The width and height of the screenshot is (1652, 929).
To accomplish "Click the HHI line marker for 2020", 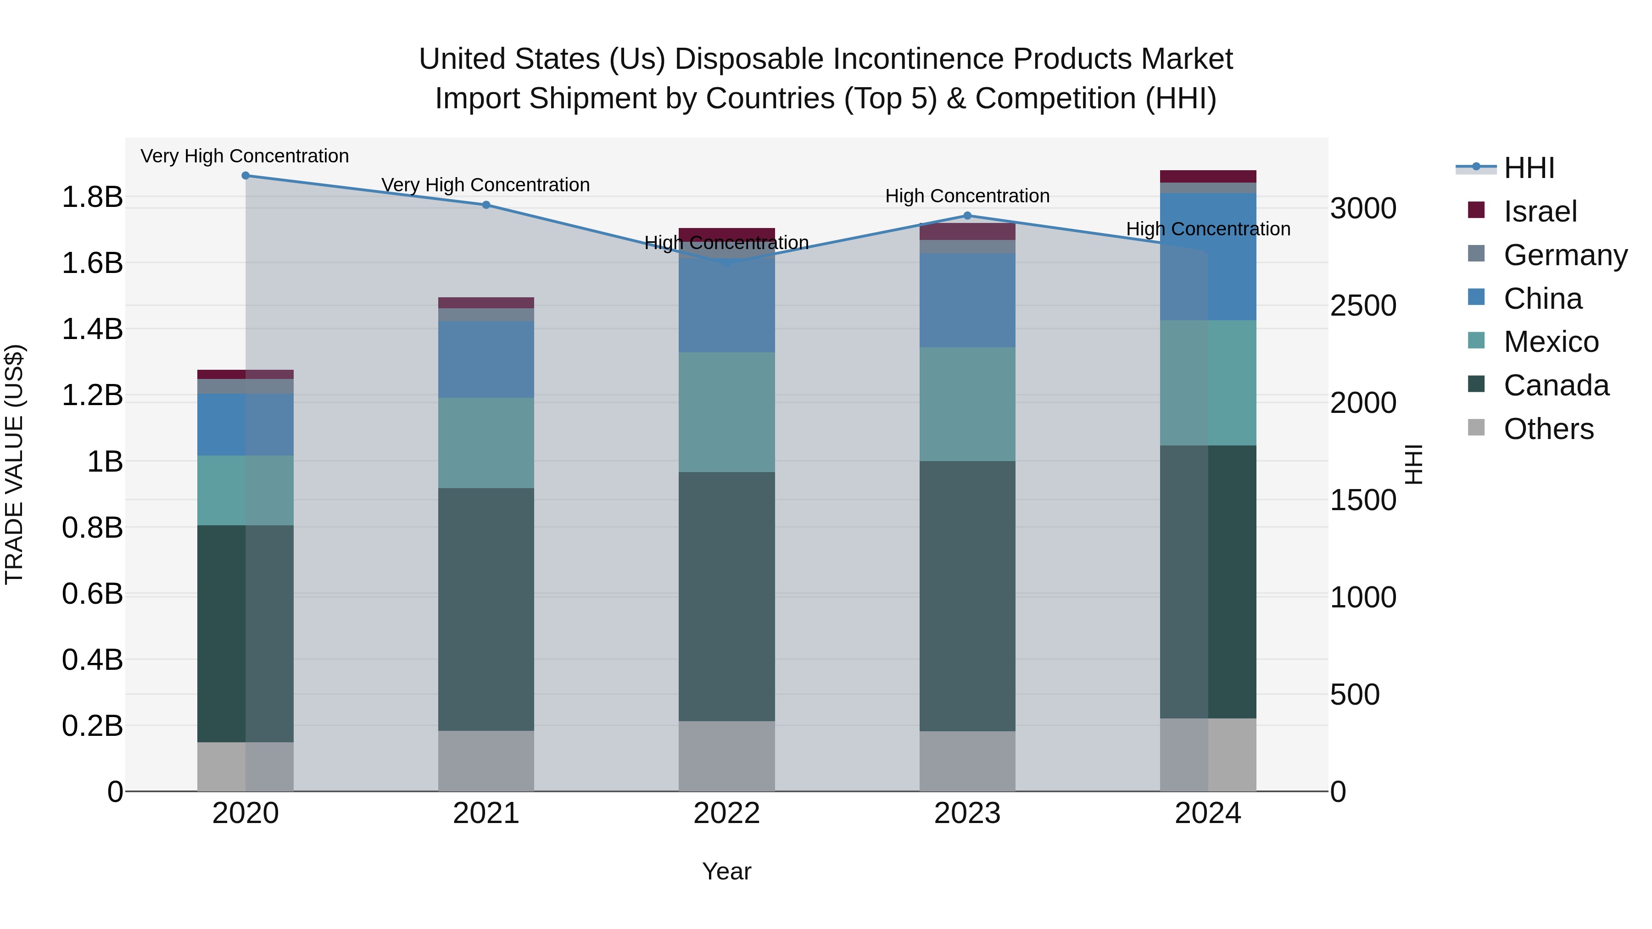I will click(246, 176).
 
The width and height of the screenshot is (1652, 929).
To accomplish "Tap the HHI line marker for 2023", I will click(968, 216).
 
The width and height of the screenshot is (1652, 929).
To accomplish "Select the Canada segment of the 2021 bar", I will click(486, 609).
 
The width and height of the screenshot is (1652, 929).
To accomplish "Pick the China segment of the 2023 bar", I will click(968, 300).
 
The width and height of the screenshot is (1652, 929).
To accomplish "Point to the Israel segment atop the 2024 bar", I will click(1208, 176).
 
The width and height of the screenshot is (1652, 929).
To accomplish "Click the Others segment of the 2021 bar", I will click(486, 761).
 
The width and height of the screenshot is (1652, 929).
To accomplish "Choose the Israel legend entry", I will click(1539, 211).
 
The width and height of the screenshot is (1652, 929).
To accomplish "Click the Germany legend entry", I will click(1565, 255).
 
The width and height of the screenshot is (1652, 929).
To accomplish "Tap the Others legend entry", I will click(1548, 429).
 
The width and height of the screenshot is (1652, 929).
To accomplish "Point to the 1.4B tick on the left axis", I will click(92, 329).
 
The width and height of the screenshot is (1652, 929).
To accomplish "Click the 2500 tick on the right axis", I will click(1363, 306).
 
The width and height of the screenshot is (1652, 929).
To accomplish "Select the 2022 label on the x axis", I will click(726, 813).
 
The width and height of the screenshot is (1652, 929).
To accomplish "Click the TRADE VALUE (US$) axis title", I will click(14, 464).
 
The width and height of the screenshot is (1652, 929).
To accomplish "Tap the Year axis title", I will click(726, 871).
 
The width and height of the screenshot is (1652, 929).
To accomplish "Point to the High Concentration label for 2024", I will click(1208, 229).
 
